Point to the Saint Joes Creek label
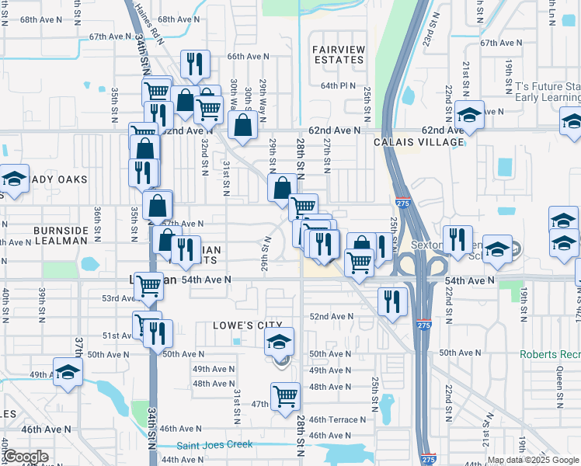pyautogui.click(x=214, y=445)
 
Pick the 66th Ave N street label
pyautogui.click(x=248, y=57)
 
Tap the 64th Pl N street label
pyautogui.click(x=338, y=85)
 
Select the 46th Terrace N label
pyautogui.click(x=336, y=419)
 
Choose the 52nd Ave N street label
pyautogui.click(x=332, y=317)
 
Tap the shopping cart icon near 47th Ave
pyautogui.click(x=285, y=396)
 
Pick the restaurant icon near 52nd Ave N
pyautogui.click(x=392, y=300)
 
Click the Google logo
pyautogui.click(x=26, y=457)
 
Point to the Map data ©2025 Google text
pyautogui.click(x=534, y=460)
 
